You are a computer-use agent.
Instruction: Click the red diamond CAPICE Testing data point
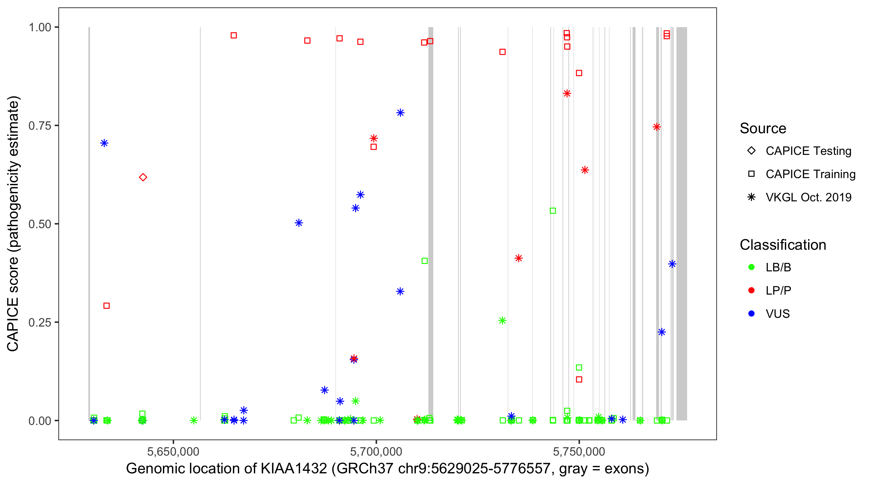pyautogui.click(x=143, y=177)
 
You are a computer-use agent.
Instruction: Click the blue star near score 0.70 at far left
pyautogui.click(x=104, y=143)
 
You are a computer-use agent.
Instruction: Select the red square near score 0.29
pyautogui.click(x=106, y=306)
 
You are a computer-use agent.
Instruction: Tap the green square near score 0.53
pyautogui.click(x=553, y=211)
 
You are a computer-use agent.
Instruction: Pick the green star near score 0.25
pyautogui.click(x=503, y=320)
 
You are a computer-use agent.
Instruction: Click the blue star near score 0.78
pyautogui.click(x=400, y=113)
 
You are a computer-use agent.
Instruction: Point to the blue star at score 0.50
pyautogui.click(x=299, y=223)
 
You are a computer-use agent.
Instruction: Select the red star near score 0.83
pyautogui.click(x=567, y=93)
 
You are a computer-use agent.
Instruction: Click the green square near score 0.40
pyautogui.click(x=425, y=261)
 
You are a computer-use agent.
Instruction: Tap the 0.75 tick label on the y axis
pyautogui.click(x=40, y=126)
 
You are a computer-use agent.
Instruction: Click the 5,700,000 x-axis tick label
pyautogui.click(x=376, y=451)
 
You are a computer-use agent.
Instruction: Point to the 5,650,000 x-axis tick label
pyautogui.click(x=173, y=451)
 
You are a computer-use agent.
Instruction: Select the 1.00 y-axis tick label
pyautogui.click(x=40, y=27)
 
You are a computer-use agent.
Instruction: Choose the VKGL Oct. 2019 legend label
pyautogui.click(x=808, y=197)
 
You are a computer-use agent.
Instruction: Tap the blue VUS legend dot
pyautogui.click(x=751, y=314)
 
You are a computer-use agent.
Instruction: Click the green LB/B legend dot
pyautogui.click(x=751, y=267)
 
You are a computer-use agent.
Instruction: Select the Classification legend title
pyautogui.click(x=783, y=245)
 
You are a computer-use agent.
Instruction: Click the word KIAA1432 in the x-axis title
pyautogui.click(x=294, y=469)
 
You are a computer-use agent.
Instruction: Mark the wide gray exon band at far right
pyautogui.click(x=682, y=223)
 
